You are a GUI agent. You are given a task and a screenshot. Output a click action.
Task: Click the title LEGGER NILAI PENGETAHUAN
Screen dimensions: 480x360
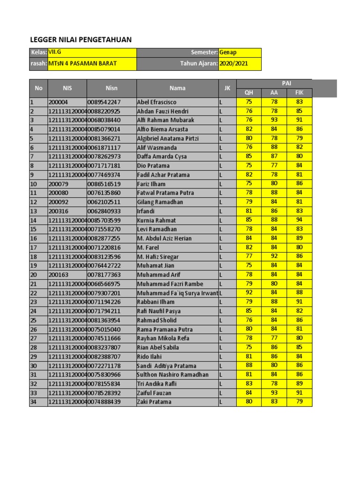81,40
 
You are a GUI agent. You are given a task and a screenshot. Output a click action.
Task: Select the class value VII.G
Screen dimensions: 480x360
55,52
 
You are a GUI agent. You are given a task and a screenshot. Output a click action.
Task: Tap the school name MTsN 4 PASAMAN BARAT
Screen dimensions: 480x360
82,64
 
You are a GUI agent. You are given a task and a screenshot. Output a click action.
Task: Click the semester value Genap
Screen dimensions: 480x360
228,52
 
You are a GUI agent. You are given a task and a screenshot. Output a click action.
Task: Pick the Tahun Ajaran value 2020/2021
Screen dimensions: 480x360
234,64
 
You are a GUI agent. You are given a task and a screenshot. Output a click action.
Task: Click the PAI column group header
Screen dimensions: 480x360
286,83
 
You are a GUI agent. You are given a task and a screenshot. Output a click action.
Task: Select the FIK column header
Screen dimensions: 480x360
299,93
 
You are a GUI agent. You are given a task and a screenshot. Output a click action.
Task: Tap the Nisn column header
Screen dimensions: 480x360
112,88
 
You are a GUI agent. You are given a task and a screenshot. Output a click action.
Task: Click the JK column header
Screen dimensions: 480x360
227,88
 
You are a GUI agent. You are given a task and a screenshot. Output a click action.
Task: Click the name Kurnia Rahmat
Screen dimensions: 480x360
157,220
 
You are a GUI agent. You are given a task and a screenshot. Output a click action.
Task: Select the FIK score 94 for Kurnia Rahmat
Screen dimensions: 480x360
299,220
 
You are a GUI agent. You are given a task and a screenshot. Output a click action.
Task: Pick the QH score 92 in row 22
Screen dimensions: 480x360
249,293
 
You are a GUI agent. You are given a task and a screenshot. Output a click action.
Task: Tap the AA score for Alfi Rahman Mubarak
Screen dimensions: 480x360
274,120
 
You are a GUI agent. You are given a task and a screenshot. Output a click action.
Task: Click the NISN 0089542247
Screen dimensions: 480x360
104,102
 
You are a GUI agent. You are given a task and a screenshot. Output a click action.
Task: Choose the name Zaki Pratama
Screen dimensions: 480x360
154,402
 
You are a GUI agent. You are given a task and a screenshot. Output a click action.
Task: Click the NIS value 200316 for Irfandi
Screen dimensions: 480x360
58,211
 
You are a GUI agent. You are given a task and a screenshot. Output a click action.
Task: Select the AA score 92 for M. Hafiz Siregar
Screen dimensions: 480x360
274,256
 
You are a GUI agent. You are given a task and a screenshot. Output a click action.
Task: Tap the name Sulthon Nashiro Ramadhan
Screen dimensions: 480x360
173,375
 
